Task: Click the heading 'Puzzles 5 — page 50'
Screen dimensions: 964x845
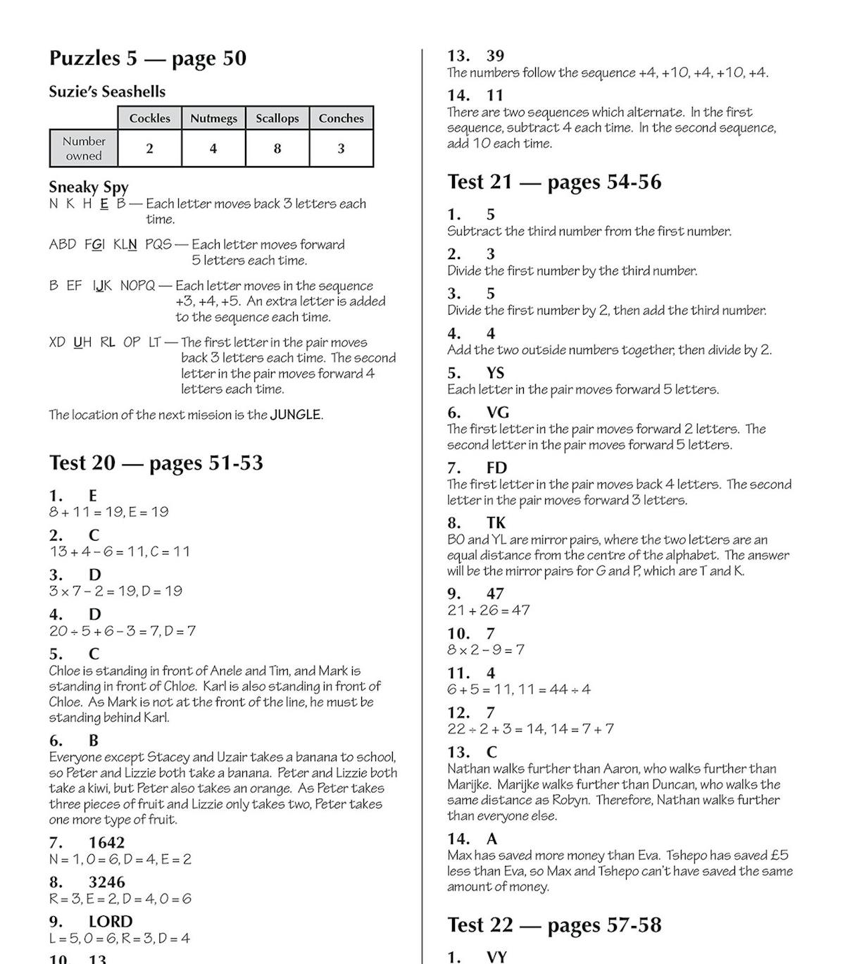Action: pyautogui.click(x=148, y=58)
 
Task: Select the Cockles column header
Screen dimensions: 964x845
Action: pyautogui.click(x=149, y=118)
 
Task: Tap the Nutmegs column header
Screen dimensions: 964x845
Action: pyautogui.click(x=213, y=118)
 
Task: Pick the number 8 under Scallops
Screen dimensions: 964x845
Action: pyautogui.click(x=277, y=149)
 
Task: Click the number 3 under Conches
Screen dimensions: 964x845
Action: pyautogui.click(x=341, y=149)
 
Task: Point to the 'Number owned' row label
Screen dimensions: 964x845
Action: pyautogui.click(x=84, y=149)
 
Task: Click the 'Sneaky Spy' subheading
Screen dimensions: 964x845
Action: pyautogui.click(x=89, y=187)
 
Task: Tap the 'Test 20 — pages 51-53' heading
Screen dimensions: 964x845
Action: pyautogui.click(x=156, y=463)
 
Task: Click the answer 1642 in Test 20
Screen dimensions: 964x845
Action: pyautogui.click(x=106, y=842)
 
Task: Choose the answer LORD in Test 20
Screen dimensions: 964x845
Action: pyautogui.click(x=111, y=921)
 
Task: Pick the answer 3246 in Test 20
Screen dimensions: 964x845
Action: pyautogui.click(x=106, y=882)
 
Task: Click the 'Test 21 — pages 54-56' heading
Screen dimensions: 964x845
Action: pyautogui.click(x=554, y=182)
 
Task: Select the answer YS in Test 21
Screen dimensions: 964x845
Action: pyautogui.click(x=495, y=373)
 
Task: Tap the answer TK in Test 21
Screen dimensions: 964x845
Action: pyautogui.click(x=496, y=522)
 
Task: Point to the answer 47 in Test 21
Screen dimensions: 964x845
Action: pyautogui.click(x=495, y=594)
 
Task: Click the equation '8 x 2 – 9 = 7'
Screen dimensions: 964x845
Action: pyautogui.click(x=486, y=649)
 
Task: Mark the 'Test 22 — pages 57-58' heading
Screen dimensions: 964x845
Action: pyautogui.click(x=554, y=925)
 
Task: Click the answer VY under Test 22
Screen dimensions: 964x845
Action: pyautogui.click(x=496, y=957)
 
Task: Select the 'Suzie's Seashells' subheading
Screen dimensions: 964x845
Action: pyautogui.click(x=107, y=92)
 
